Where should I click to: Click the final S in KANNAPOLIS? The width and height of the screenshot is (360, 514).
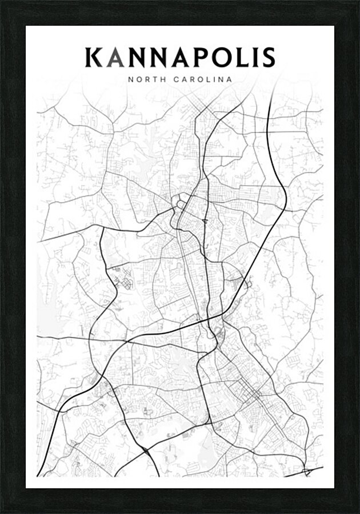tap(268, 58)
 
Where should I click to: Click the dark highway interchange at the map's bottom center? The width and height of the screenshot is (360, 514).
tap(147, 452)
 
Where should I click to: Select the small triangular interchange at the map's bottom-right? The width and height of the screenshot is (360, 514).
tap(307, 472)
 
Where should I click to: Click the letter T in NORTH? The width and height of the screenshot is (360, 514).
tap(155, 79)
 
